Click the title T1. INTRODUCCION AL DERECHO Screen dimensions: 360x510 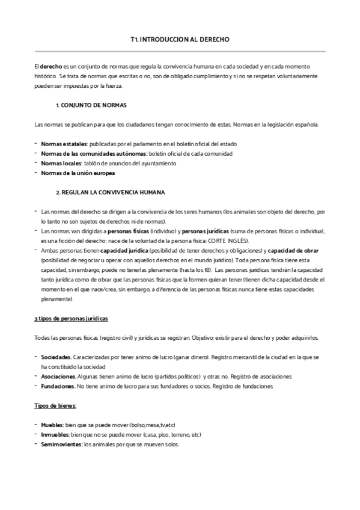coord(180,40)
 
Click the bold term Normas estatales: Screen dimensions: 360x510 coord(64,144)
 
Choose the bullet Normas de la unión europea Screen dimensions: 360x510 coord(78,173)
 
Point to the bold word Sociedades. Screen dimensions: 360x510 coord(56,357)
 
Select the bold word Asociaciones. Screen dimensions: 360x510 coord(59,376)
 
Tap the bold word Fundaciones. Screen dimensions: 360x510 coord(58,386)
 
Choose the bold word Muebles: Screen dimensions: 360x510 coord(52,425)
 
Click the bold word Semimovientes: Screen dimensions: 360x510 coord(61,444)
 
